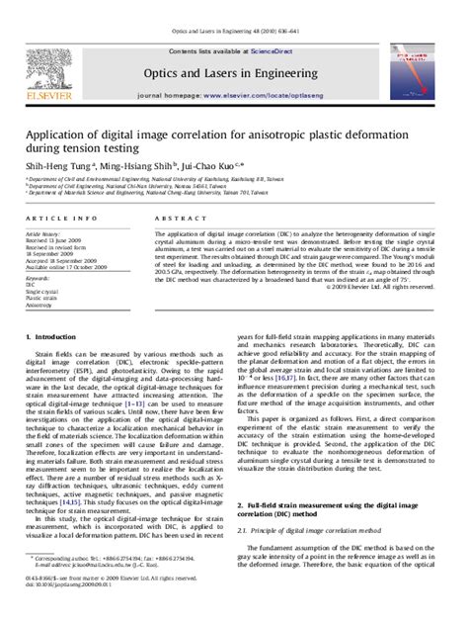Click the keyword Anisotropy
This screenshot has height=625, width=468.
(x=40, y=306)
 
